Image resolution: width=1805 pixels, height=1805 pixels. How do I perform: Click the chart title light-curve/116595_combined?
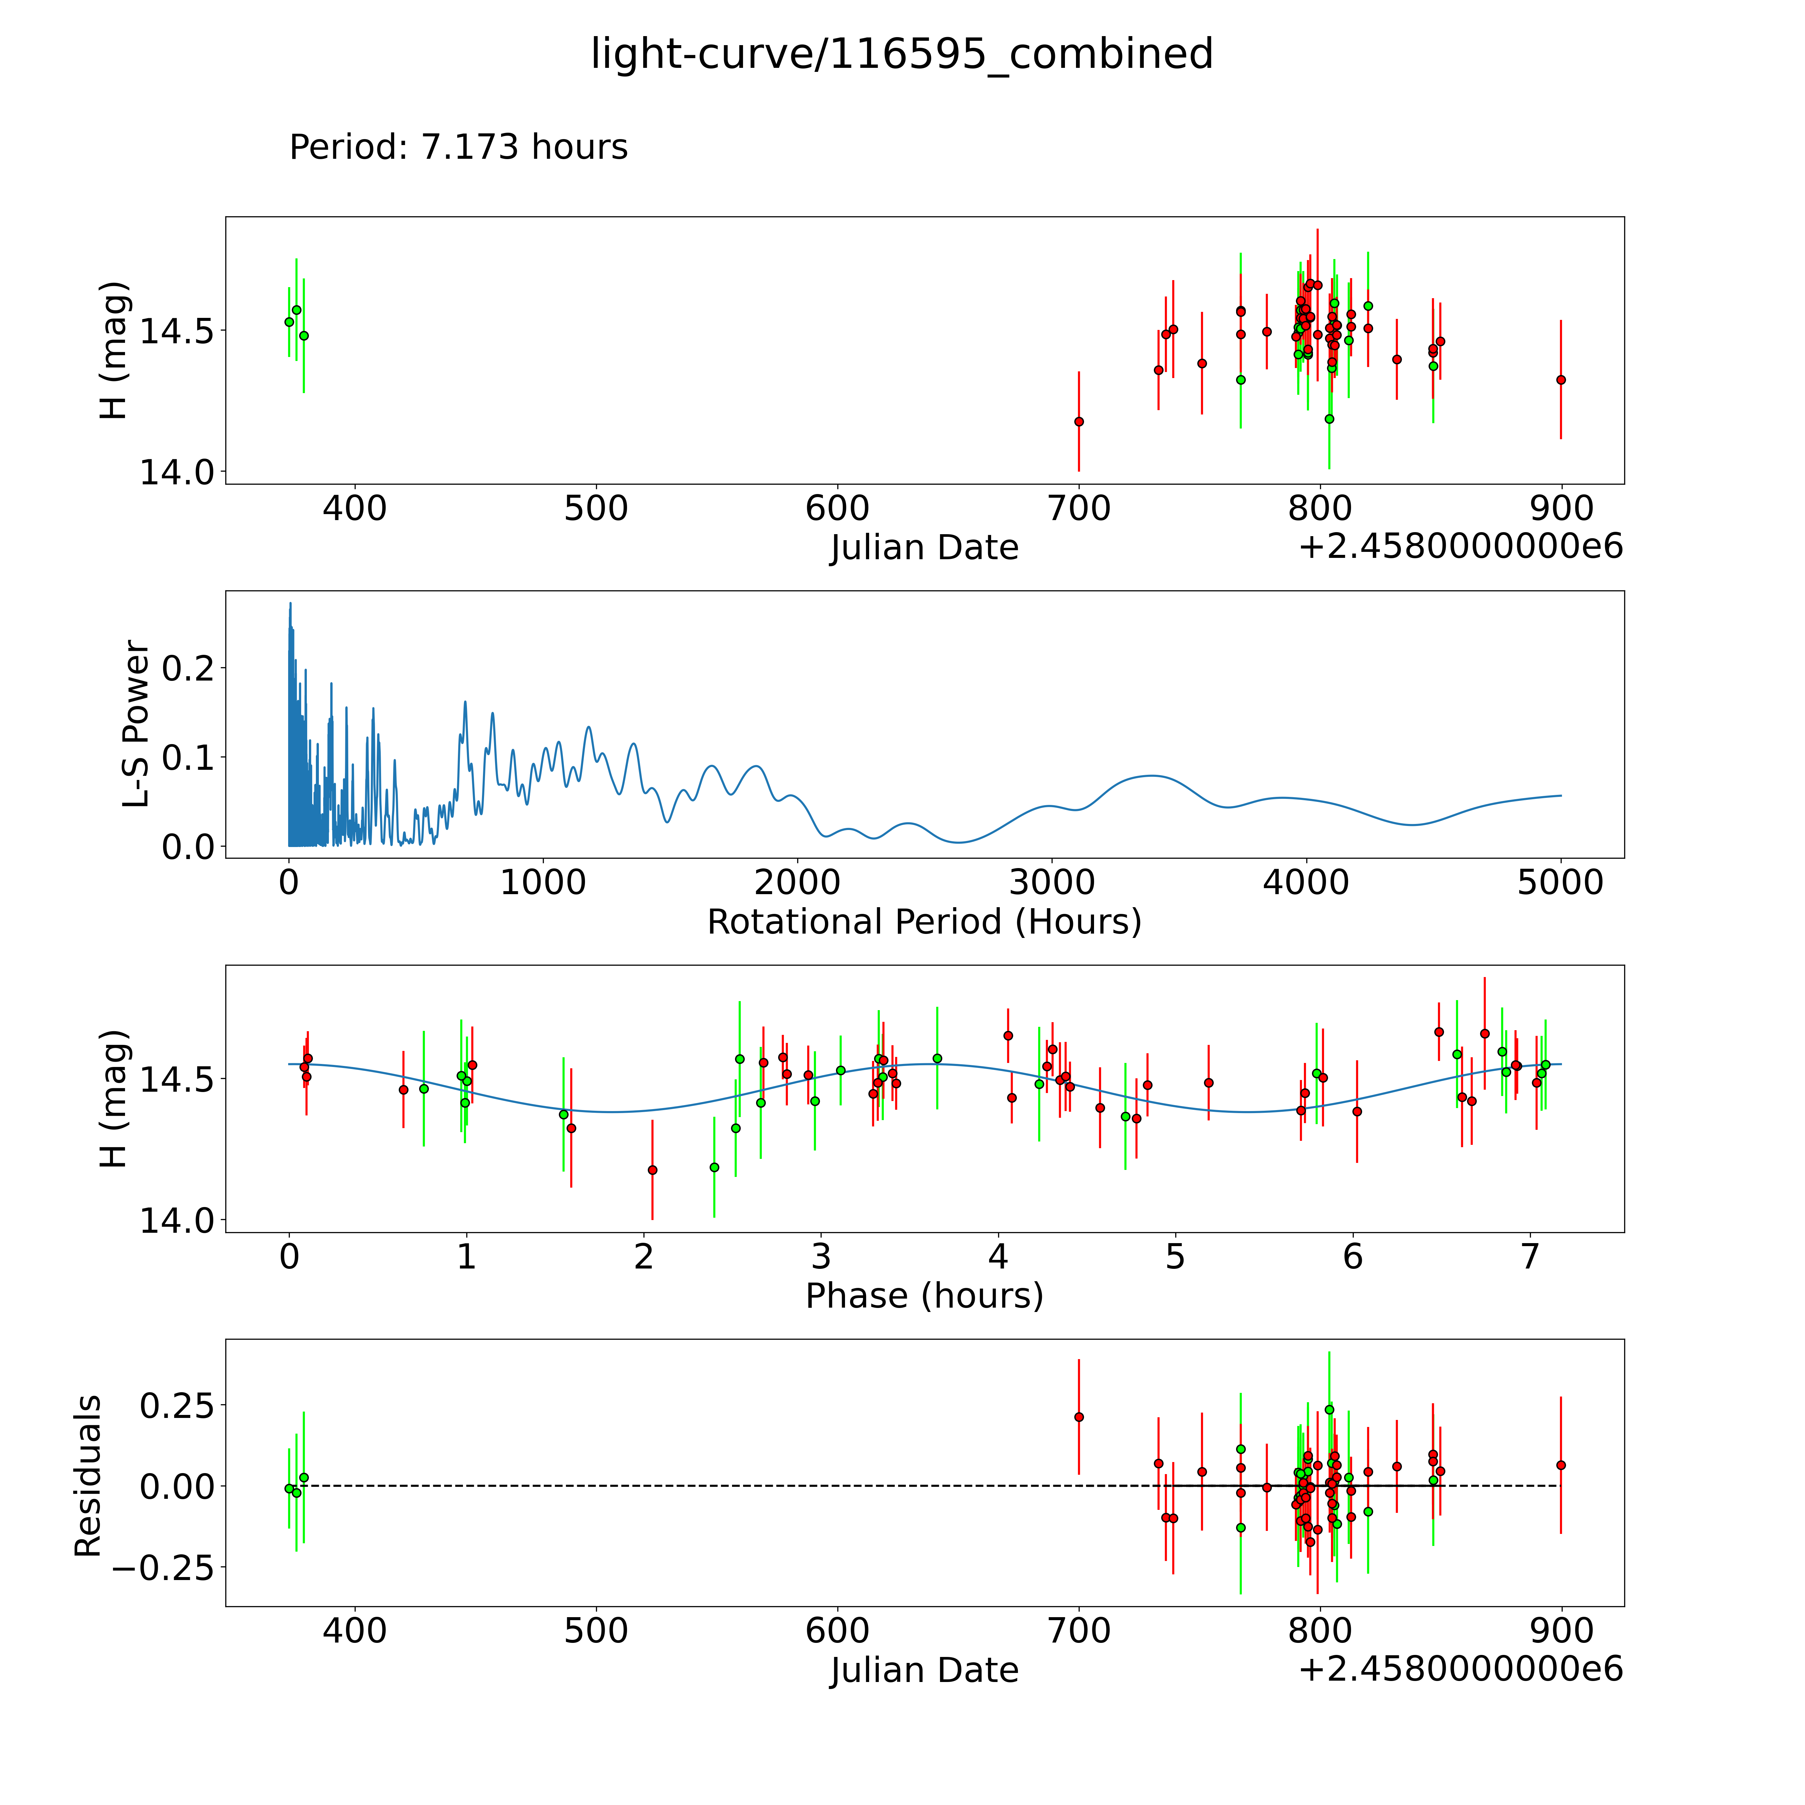pos(901,54)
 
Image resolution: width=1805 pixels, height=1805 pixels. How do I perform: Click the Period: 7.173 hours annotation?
pos(458,148)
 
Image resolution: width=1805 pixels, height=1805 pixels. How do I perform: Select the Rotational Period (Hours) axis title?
pos(924,922)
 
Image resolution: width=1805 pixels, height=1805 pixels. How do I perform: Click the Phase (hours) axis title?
pos(924,1296)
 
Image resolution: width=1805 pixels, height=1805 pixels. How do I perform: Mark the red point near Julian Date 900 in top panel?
pos(1560,379)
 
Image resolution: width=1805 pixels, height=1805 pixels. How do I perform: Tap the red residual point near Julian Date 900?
pos(1560,1465)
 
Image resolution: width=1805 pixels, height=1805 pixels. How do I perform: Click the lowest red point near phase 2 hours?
pos(652,1170)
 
